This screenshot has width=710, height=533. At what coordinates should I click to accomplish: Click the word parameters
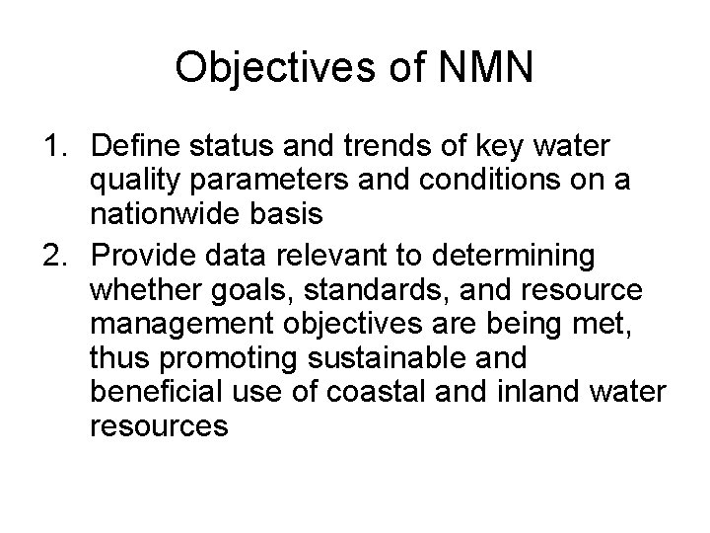click(265, 184)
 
